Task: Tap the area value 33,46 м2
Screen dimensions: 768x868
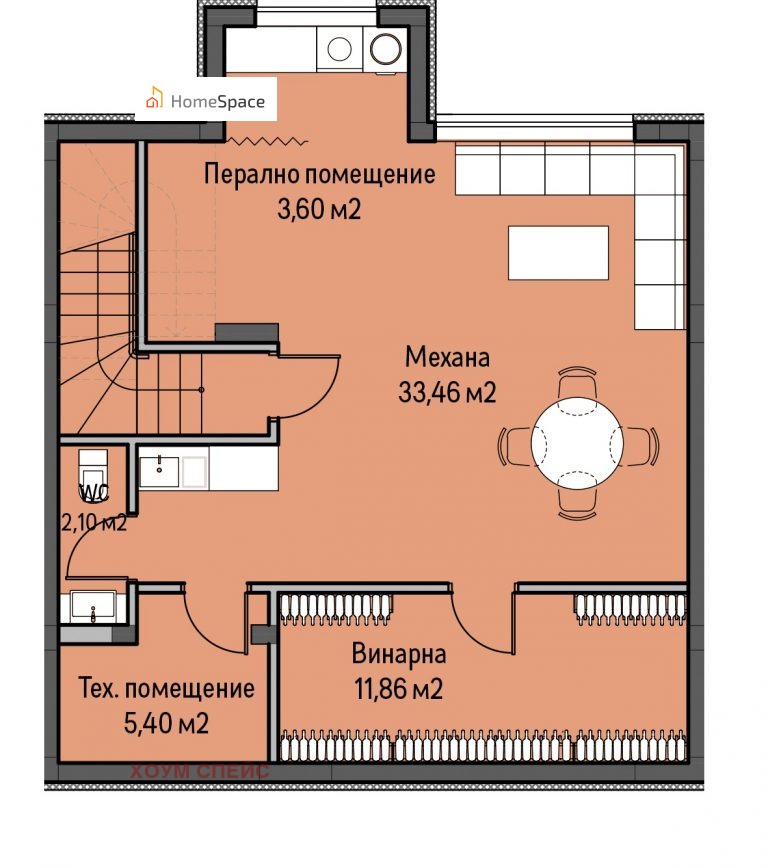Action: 447,392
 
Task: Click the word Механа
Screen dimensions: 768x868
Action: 447,358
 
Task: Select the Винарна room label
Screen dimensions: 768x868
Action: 399,654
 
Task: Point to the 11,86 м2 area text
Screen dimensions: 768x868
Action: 399,690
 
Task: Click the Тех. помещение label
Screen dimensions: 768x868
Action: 167,689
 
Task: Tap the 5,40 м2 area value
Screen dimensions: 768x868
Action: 166,723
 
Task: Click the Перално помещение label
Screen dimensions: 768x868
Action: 319,174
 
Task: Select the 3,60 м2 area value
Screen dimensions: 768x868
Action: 319,210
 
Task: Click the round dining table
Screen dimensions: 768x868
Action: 577,443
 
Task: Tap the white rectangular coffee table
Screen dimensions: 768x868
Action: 558,252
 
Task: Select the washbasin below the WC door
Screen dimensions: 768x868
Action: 93,607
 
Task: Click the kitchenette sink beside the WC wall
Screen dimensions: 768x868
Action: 159,471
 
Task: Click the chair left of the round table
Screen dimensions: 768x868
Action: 514,446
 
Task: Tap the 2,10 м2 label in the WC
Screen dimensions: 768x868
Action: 94,523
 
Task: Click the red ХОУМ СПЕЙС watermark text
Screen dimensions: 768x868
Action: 200,771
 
